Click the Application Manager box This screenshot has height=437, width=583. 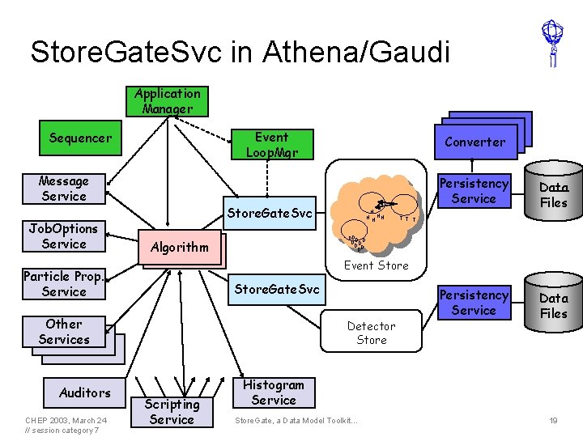(x=168, y=101)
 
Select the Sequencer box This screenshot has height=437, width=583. (x=80, y=138)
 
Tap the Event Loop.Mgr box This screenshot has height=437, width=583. (x=271, y=145)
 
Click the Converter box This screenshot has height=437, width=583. (x=474, y=142)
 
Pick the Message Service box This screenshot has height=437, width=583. (x=64, y=189)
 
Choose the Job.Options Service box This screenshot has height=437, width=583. (x=64, y=236)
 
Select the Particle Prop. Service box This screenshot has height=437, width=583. (x=64, y=284)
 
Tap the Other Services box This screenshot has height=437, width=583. (x=64, y=332)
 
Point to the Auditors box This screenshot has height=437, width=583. (x=85, y=392)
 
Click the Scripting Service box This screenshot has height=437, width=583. (x=172, y=411)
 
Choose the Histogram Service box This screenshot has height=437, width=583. (x=274, y=392)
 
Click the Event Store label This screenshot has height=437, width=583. (x=377, y=265)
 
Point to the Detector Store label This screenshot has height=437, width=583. (x=372, y=333)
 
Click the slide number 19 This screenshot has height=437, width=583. (x=553, y=421)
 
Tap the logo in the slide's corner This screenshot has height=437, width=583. (x=552, y=43)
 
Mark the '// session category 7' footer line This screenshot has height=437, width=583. (x=62, y=430)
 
